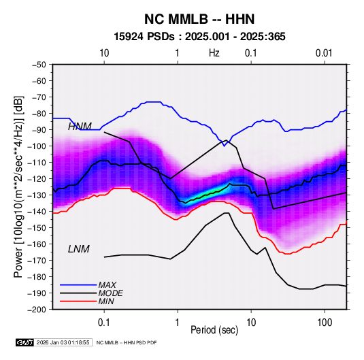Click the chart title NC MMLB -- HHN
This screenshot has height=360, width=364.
pos(199,19)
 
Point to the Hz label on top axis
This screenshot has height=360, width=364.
pos(214,53)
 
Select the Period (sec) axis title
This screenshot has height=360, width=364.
pos(214,329)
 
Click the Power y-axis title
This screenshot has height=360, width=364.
pos(18,186)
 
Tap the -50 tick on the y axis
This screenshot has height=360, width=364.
pos(39,65)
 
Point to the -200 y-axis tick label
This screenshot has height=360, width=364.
pos(37,310)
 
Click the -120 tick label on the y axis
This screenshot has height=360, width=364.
pos(37,179)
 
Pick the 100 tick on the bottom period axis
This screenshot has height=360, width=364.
pos(325,322)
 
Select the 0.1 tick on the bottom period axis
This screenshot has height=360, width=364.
pos(104,322)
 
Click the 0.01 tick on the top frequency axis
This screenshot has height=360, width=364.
pos(324,53)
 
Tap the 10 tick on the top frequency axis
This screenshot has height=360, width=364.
pos(104,53)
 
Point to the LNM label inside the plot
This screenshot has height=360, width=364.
pos(79,249)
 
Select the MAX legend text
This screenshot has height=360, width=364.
pos(107,284)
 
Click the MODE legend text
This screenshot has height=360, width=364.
pos(110,293)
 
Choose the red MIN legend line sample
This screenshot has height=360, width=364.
pos(78,301)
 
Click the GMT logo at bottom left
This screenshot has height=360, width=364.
pos(25,342)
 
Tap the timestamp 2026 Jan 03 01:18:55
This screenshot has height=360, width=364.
pos(63,342)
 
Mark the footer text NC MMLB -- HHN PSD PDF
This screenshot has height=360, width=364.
pos(127,342)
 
